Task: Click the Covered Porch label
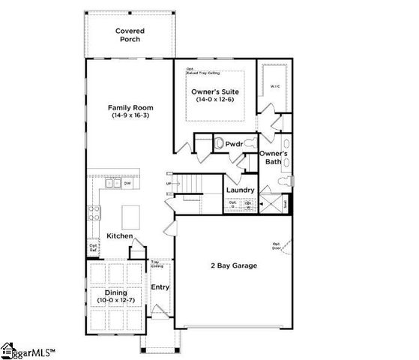point(130,34)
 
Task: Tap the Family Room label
point(130,108)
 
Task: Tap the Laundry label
point(241,190)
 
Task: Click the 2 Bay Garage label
point(232,265)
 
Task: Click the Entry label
point(160,286)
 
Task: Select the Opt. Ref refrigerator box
point(94,247)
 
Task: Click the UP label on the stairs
point(168,183)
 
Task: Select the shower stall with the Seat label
point(282,202)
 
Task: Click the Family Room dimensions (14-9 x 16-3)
point(130,117)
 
